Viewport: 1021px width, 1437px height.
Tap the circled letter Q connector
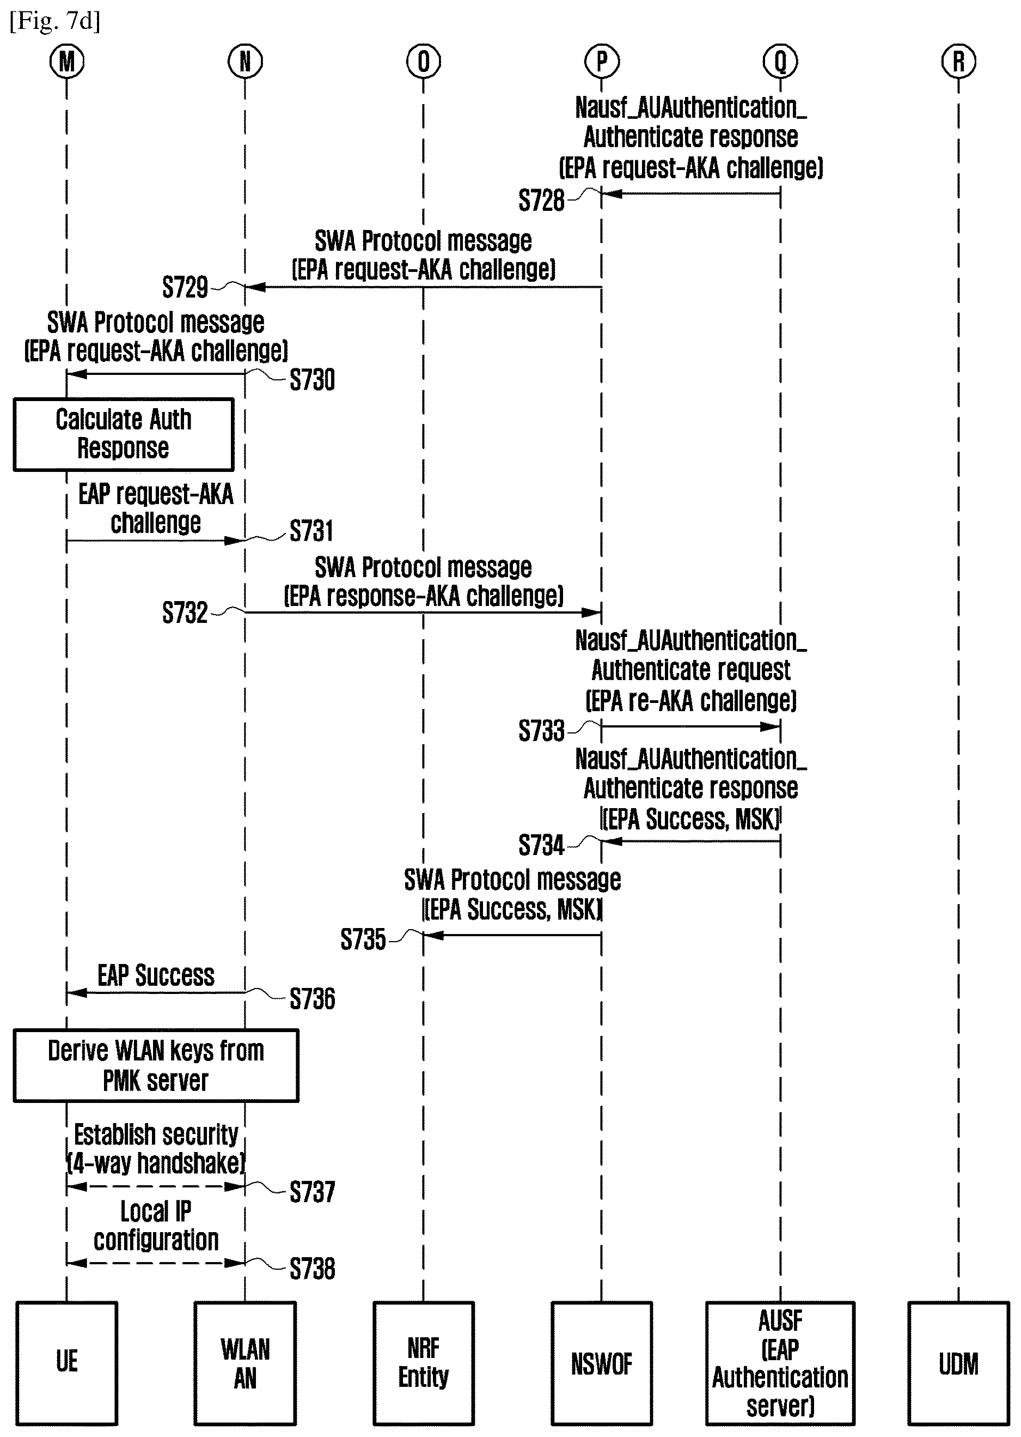point(780,62)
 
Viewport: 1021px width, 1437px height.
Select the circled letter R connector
point(958,62)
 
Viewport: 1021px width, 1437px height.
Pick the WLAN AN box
point(245,1363)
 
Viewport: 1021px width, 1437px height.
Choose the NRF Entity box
point(423,1363)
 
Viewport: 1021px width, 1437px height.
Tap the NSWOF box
point(602,1363)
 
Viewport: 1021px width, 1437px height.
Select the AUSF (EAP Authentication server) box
point(780,1363)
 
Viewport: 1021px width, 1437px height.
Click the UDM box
point(958,1363)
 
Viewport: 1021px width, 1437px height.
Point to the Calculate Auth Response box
point(123,434)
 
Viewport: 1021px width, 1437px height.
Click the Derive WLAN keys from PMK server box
point(156,1065)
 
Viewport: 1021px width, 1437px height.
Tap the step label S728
point(541,201)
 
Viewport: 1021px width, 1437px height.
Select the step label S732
point(185,612)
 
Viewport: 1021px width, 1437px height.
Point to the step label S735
point(363,939)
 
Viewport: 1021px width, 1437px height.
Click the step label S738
point(313,1269)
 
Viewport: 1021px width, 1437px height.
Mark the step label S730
point(313,380)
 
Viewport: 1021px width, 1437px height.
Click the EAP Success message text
point(156,975)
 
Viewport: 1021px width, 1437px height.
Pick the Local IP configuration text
point(156,1226)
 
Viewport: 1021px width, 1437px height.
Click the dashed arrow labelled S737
point(156,1186)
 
